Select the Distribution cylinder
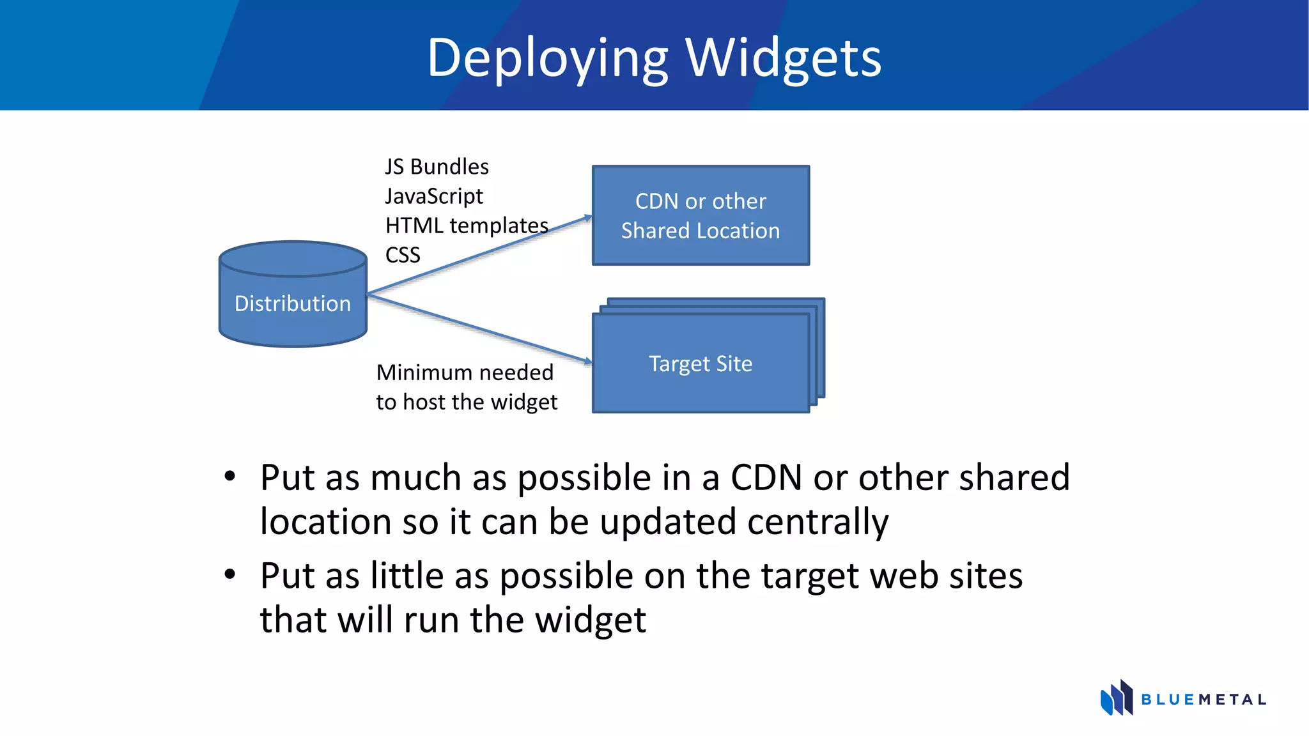pos(293,303)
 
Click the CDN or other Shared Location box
pos(701,215)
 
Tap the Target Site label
pos(701,364)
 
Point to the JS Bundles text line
pos(437,167)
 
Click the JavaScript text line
pos(434,196)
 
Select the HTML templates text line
pos(467,226)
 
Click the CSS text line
pos(403,255)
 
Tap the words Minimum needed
pos(465,372)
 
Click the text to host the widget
pos(467,402)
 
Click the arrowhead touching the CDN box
pos(587,218)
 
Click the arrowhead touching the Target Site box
pos(587,361)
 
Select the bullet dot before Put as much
pos(230,477)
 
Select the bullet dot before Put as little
pos(230,574)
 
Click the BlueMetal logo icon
pos(1116,698)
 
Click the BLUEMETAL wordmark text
pos(1204,700)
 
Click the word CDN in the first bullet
pos(766,477)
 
